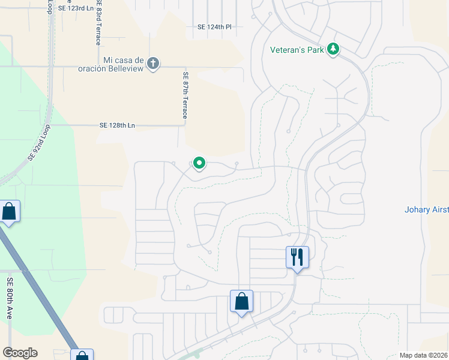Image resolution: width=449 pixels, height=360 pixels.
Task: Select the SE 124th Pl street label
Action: [x=214, y=27]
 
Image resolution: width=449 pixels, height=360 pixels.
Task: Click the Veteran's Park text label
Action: [x=297, y=49]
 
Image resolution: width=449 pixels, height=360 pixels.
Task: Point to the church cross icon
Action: [x=153, y=63]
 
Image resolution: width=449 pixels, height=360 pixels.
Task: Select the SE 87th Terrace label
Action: [x=185, y=95]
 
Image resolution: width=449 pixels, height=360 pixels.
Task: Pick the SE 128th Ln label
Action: [x=118, y=125]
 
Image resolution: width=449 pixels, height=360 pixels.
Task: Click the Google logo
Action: [x=20, y=353]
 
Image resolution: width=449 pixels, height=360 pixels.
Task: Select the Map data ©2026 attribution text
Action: [x=423, y=355]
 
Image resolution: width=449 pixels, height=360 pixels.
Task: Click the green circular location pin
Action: [x=199, y=163]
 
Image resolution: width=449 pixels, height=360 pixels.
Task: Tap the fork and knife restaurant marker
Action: [x=297, y=257]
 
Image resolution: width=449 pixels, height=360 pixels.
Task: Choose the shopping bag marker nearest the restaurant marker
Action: [x=241, y=301]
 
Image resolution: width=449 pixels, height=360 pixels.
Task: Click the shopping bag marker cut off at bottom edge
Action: [x=82, y=355]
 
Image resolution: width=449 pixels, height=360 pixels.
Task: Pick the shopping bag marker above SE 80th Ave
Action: [x=9, y=212]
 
